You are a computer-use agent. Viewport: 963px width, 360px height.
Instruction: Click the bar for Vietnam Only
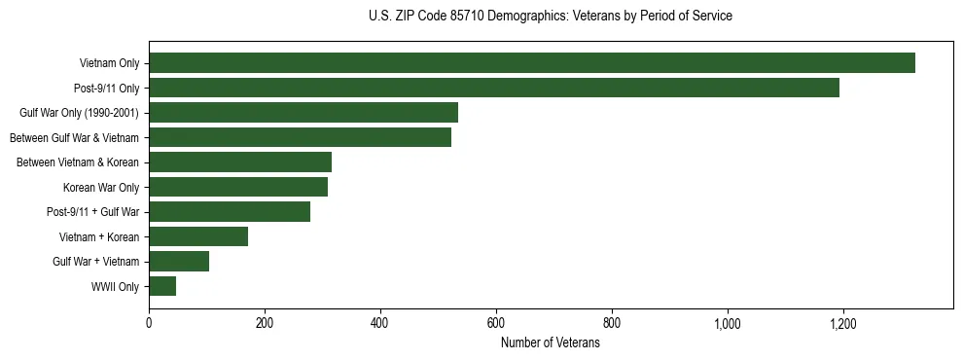(x=532, y=63)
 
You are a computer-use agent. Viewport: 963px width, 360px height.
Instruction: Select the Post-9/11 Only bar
(x=494, y=88)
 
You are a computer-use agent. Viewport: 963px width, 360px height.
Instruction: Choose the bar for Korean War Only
(x=238, y=187)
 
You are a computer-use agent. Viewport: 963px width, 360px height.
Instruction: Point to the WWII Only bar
(x=162, y=286)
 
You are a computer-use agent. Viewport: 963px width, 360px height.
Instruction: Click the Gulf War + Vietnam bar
(x=179, y=261)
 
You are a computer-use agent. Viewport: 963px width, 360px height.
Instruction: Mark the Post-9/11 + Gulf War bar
(x=230, y=212)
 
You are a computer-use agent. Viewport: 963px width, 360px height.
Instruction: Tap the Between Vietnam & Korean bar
(x=240, y=162)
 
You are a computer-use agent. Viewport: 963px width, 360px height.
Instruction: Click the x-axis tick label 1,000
(x=728, y=324)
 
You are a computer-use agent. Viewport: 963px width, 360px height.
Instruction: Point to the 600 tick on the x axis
(x=496, y=324)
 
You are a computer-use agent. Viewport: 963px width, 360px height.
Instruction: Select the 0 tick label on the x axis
(x=149, y=324)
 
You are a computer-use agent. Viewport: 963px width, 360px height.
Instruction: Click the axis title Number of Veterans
(x=551, y=342)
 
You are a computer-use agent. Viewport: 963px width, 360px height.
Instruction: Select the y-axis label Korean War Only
(x=101, y=188)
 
